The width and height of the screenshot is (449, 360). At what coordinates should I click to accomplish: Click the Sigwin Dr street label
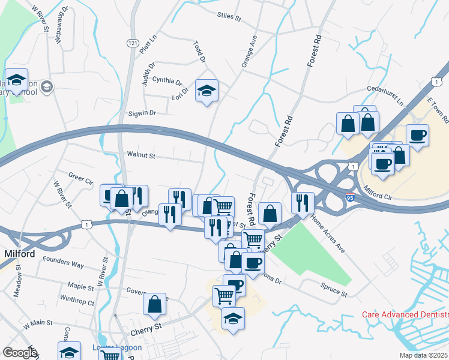coord(142,113)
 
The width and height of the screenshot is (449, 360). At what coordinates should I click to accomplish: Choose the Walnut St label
coord(141,155)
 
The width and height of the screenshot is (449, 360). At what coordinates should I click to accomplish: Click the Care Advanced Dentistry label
coord(405,314)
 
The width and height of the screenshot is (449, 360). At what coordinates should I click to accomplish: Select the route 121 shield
coord(133,43)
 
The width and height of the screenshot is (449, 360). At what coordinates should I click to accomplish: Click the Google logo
coord(20,352)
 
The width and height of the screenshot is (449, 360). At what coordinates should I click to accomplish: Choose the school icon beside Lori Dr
coord(207,91)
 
